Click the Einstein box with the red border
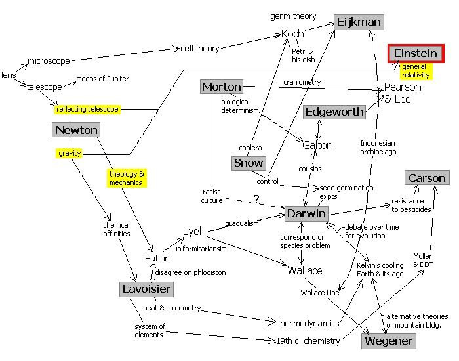416,53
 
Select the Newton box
77,130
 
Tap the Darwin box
306,213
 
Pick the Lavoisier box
147,289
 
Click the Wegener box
388,341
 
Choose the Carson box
427,178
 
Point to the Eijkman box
359,22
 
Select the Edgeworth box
334,112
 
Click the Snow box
249,163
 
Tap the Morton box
222,87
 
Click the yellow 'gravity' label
70,154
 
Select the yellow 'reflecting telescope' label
88,109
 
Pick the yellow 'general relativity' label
415,71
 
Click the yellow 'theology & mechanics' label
127,178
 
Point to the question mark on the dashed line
256,198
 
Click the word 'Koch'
292,33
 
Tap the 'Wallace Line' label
320,293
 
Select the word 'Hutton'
157,259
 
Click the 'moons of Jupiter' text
102,79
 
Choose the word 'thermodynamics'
308,323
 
